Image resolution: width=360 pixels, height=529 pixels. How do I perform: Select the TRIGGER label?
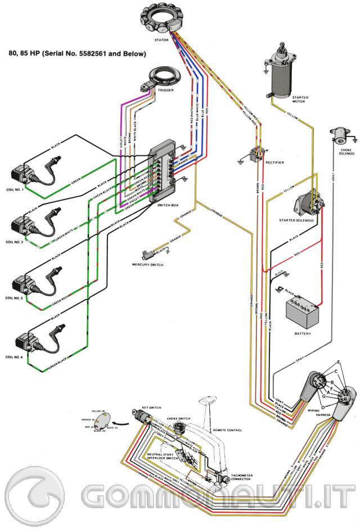click(x=165, y=90)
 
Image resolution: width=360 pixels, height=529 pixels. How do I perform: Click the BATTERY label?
click(x=303, y=333)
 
